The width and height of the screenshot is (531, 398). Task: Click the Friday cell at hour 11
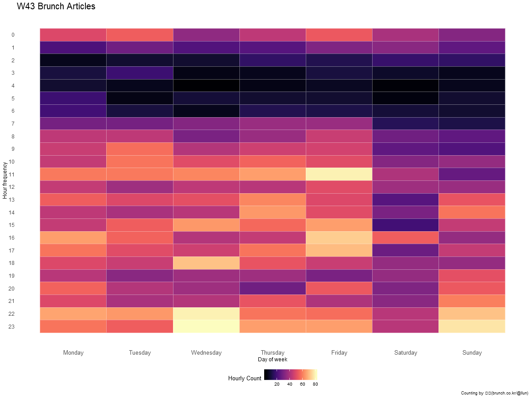tap(339, 174)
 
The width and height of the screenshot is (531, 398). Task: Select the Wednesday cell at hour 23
tap(206, 326)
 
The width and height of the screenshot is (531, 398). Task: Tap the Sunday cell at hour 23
tap(472, 326)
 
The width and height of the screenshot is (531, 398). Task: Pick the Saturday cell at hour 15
tap(405, 225)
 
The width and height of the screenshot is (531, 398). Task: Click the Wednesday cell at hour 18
tap(206, 263)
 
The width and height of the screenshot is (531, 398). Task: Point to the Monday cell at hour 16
tap(73, 237)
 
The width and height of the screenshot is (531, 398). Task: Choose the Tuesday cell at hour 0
tap(139, 35)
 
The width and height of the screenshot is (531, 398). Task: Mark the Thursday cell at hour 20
tap(273, 288)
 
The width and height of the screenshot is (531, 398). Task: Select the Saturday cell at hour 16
tap(405, 237)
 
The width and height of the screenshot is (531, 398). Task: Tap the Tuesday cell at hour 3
tap(139, 73)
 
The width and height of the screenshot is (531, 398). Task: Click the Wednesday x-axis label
tap(206, 352)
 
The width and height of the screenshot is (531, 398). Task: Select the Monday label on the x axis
tap(73, 352)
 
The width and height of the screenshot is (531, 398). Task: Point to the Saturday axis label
tap(405, 352)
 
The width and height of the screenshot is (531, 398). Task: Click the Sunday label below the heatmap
tap(472, 352)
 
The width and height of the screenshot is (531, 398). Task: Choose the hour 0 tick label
tap(13, 35)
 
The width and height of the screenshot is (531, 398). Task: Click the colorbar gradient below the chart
tap(292, 375)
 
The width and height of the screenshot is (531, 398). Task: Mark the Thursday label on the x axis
tap(273, 352)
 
